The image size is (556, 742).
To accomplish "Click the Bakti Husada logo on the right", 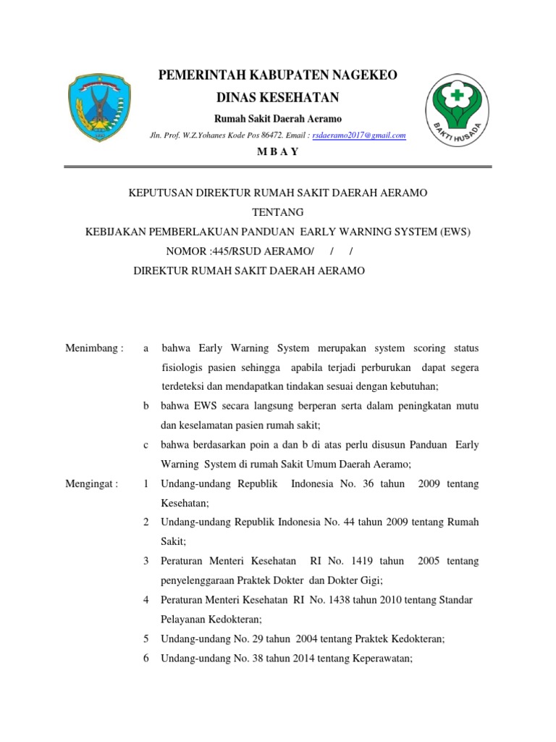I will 456,111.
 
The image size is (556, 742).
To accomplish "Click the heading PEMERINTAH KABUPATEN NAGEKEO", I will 278,75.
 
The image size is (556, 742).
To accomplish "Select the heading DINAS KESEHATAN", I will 278,97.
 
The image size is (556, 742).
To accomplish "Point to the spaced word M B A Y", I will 278,151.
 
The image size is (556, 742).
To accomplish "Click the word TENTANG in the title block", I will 278,212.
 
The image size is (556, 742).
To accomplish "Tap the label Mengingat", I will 91,483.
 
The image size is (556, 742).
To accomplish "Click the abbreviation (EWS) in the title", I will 455,232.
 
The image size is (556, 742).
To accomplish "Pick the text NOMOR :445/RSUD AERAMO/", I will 240,251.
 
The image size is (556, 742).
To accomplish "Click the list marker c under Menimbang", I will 146,445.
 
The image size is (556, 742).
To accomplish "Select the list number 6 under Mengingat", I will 146,659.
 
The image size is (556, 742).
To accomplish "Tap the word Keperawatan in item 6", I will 382,659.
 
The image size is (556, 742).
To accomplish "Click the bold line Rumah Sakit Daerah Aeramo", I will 278,119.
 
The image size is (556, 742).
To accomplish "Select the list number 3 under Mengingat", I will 146,561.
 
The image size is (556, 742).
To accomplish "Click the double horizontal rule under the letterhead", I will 278,167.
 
